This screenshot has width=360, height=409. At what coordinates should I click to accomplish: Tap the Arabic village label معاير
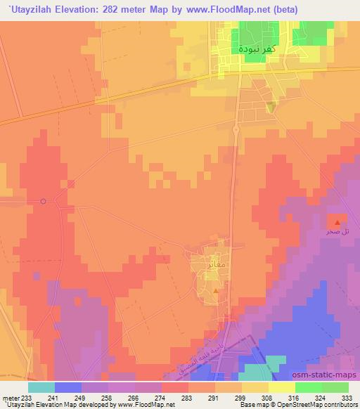[217, 264]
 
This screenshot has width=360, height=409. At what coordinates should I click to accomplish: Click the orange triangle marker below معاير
[216, 290]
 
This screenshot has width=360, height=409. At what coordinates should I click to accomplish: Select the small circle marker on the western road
[44, 202]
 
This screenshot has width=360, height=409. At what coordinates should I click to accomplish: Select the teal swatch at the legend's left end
[41, 387]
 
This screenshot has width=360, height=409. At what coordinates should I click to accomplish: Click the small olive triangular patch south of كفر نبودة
[271, 106]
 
